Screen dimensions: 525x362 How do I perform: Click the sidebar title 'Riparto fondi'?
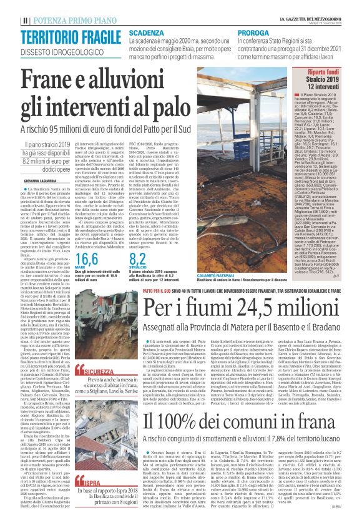324,74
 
